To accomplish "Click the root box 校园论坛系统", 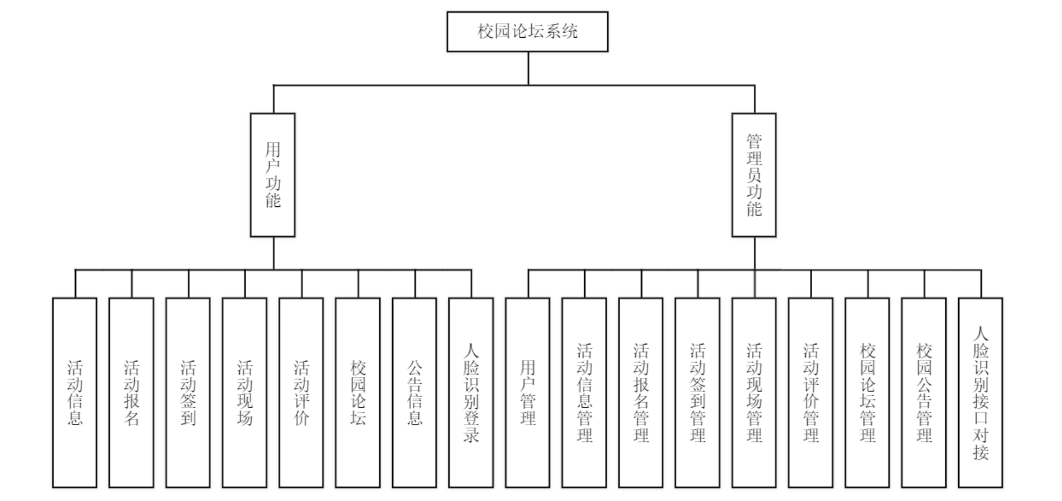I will pyautogui.click(x=527, y=31).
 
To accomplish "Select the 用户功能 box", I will pyautogui.click(x=272, y=174).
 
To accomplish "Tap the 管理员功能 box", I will pyautogui.click(x=754, y=174).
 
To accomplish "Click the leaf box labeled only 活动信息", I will pyautogui.click(x=75, y=392).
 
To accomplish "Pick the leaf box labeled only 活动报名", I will pyautogui.click(x=131, y=392).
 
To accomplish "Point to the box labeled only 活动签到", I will pyautogui.click(x=188, y=392).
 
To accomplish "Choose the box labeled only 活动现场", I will pyautogui.click(x=245, y=392).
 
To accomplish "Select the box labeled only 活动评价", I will pyautogui.click(x=302, y=392).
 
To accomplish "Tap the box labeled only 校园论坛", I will pyautogui.click(x=358, y=392).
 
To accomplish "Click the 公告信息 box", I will pyautogui.click(x=414, y=392).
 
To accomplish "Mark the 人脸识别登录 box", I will pyautogui.click(x=471, y=392).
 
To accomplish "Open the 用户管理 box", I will pyautogui.click(x=528, y=392).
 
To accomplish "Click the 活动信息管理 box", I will pyautogui.click(x=584, y=392).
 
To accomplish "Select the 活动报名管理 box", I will pyautogui.click(x=641, y=392).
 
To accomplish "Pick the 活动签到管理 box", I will pyautogui.click(x=698, y=392).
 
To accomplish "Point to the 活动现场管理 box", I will pyautogui.click(x=754, y=392).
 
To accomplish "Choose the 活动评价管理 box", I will pyautogui.click(x=810, y=392).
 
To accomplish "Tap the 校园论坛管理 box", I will pyautogui.click(x=867, y=392).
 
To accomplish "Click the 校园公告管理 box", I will pyautogui.click(x=924, y=392).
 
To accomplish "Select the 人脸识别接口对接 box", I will pyautogui.click(x=981, y=392).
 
